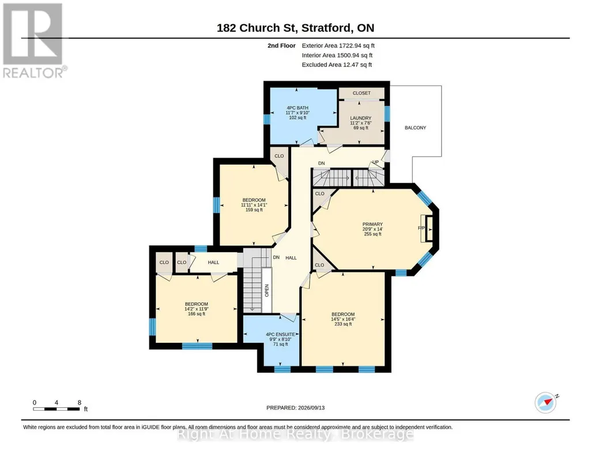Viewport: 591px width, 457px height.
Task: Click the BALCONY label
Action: pyautogui.click(x=415, y=128)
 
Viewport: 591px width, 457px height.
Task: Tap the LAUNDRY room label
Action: pyautogui.click(x=361, y=118)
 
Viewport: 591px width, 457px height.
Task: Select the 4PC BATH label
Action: pyautogui.click(x=298, y=108)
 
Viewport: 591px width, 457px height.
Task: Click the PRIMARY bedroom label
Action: pyautogui.click(x=372, y=224)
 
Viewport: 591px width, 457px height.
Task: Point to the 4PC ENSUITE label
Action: pyautogui.click(x=280, y=335)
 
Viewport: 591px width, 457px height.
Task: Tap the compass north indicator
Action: pyautogui.click(x=546, y=403)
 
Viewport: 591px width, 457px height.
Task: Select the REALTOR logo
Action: pyautogui.click(x=33, y=40)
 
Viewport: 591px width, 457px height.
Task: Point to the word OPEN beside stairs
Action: pyautogui.click(x=267, y=290)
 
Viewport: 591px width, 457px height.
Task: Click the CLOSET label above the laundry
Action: pyautogui.click(x=362, y=93)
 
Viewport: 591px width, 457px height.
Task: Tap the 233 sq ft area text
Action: pyautogui.click(x=343, y=324)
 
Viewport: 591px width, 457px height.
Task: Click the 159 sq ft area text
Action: pyautogui.click(x=254, y=209)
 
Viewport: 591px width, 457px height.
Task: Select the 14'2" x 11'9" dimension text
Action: pyautogui.click(x=197, y=309)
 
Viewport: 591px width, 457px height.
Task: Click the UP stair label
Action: pyautogui.click(x=375, y=162)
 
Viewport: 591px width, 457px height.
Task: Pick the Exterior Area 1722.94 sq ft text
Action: pyautogui.click(x=338, y=46)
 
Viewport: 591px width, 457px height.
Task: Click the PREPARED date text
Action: pyautogui.click(x=295, y=407)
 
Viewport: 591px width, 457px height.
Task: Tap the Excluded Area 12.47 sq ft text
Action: pyautogui.click(x=337, y=65)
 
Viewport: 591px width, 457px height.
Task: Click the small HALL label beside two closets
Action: pyautogui.click(x=213, y=263)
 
